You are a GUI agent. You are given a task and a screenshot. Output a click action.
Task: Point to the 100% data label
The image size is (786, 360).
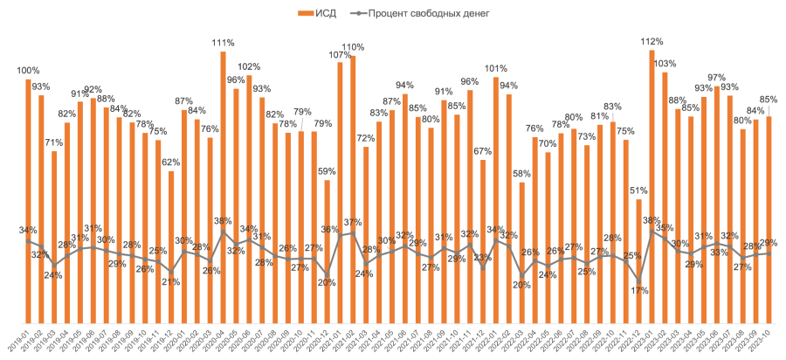(28, 70)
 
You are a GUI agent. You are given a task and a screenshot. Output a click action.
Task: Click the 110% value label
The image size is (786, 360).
(353, 47)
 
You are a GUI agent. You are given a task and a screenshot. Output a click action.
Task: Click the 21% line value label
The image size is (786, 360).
(171, 281)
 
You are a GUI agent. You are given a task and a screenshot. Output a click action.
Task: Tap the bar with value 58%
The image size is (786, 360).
(522, 253)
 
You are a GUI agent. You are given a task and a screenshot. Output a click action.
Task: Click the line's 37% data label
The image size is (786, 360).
(353, 222)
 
